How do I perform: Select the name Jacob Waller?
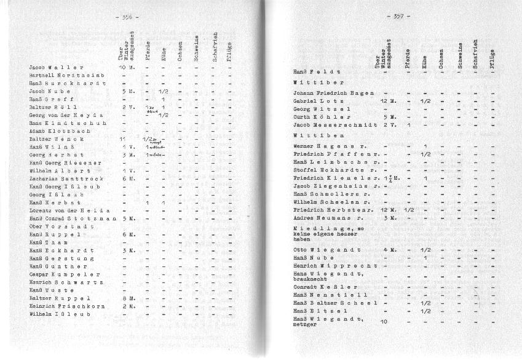pos(56,67)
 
